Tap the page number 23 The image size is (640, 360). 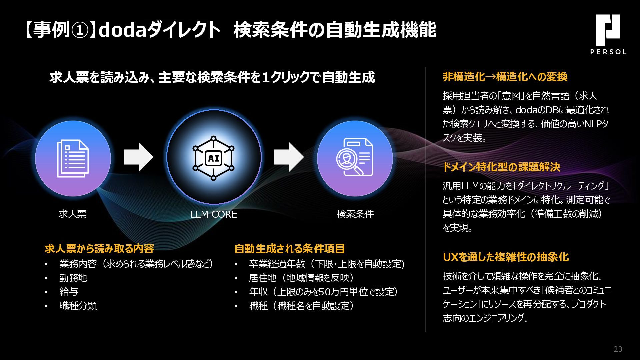(x=618, y=349)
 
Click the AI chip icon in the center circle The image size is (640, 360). (x=214, y=158)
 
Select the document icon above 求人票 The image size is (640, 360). (x=73, y=158)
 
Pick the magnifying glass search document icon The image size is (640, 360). (x=355, y=158)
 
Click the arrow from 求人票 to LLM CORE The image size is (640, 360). (x=138, y=157)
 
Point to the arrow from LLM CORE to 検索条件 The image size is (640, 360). (x=289, y=157)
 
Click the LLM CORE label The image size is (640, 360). (x=214, y=214)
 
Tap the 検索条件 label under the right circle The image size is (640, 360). (x=355, y=214)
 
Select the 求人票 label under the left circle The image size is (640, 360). (x=72, y=214)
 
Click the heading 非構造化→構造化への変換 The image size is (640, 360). (x=505, y=77)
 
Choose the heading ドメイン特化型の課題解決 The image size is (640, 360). (x=501, y=167)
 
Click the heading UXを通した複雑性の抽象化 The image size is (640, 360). (x=506, y=257)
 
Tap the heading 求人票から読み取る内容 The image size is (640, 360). (x=99, y=249)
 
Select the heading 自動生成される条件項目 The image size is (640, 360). (x=289, y=249)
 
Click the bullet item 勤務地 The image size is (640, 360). (x=73, y=278)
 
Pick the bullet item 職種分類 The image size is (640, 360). (x=78, y=306)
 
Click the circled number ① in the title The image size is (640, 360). (x=80, y=30)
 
